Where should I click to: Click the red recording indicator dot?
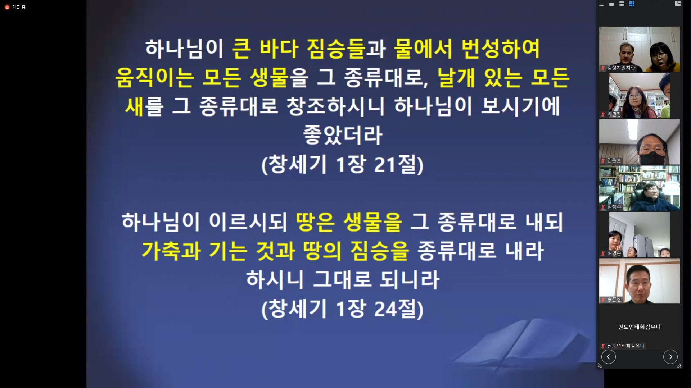point(7,7)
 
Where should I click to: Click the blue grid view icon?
point(632,4)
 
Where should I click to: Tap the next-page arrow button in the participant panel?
point(670,357)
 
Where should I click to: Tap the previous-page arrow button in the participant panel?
point(608,357)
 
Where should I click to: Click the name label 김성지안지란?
point(621,68)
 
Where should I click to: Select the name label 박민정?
point(614,114)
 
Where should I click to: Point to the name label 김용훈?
point(614,161)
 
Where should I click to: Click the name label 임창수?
point(614,207)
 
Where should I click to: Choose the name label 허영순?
point(614,254)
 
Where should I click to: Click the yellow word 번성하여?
point(500,49)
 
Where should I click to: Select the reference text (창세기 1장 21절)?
point(342,165)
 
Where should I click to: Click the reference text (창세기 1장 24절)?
point(342,309)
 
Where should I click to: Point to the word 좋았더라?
point(342,136)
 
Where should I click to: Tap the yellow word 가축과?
point(171,251)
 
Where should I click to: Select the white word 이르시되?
point(248,222)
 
